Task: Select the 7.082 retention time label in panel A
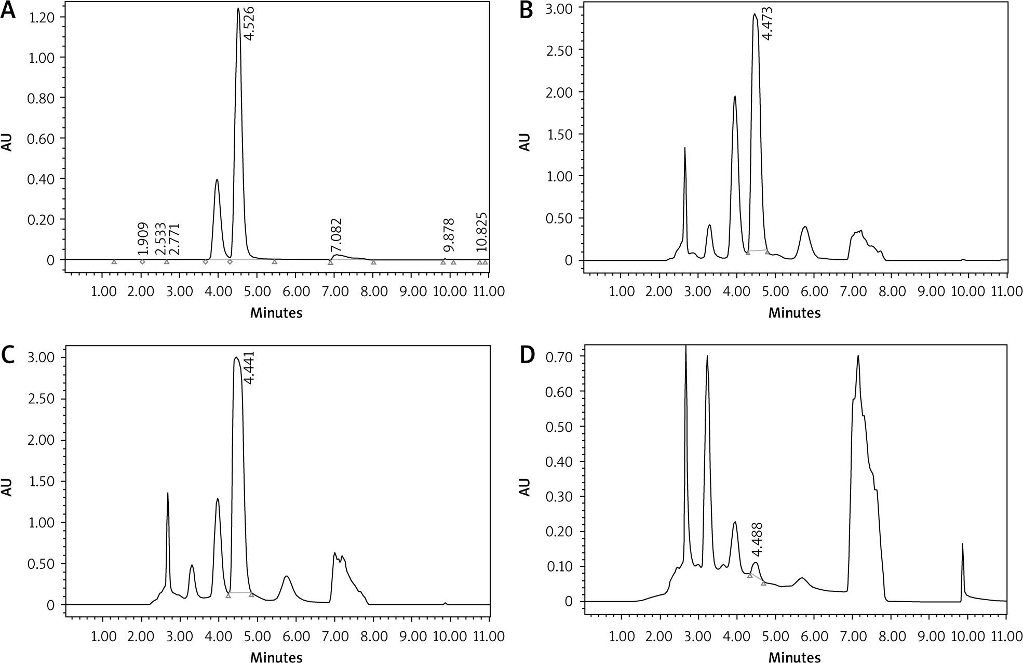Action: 337,236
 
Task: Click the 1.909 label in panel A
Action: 144,238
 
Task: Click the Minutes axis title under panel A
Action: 276,313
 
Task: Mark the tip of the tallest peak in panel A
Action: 238,8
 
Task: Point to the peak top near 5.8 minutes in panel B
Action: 805,227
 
